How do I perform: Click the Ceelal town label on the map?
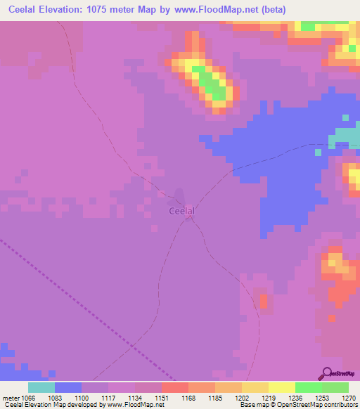coord(181,210)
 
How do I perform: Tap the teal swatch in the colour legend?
coord(41,387)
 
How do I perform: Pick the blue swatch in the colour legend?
coord(68,387)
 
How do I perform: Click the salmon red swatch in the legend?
coord(175,387)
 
